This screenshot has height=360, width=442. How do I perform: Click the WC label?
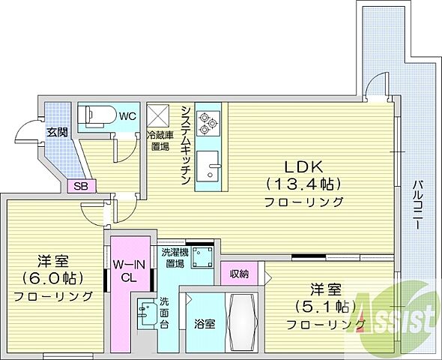127,115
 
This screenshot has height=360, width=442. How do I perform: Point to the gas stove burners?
206,120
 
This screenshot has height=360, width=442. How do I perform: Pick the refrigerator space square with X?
160,115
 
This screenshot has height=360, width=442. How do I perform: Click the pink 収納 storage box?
239,273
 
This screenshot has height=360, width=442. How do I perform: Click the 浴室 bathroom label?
205,324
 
